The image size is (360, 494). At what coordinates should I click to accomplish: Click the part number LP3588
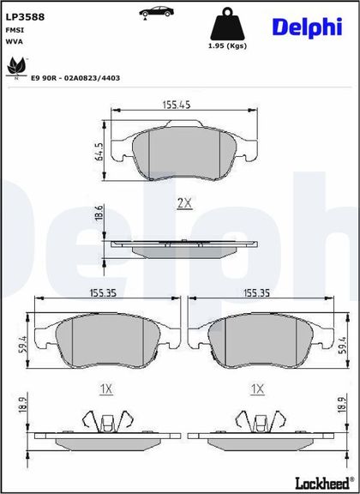tap(25, 17)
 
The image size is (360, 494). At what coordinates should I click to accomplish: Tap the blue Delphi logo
tap(307, 27)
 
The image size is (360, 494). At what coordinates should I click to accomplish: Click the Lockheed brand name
tap(324, 483)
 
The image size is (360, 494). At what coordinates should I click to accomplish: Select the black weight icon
tap(227, 24)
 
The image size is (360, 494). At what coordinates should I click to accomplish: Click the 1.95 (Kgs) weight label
tap(227, 46)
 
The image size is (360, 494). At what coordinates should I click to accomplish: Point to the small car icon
tap(157, 12)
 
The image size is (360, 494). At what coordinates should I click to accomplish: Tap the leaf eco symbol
tap(16, 67)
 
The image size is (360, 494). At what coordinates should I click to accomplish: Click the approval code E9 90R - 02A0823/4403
tap(75, 78)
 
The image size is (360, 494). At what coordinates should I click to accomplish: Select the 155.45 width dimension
tap(177, 105)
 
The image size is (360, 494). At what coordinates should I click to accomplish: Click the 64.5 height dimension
tap(99, 152)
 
